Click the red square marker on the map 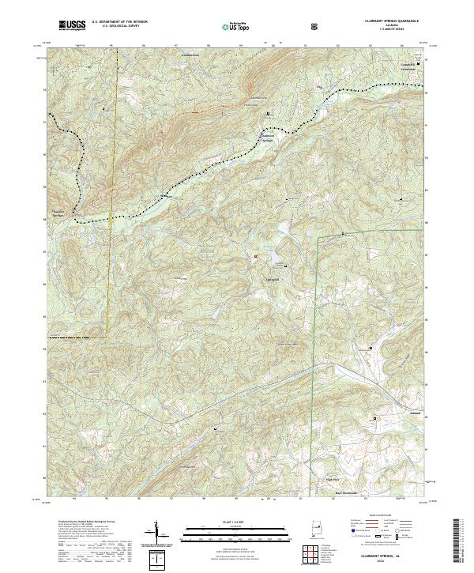click(256, 256)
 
